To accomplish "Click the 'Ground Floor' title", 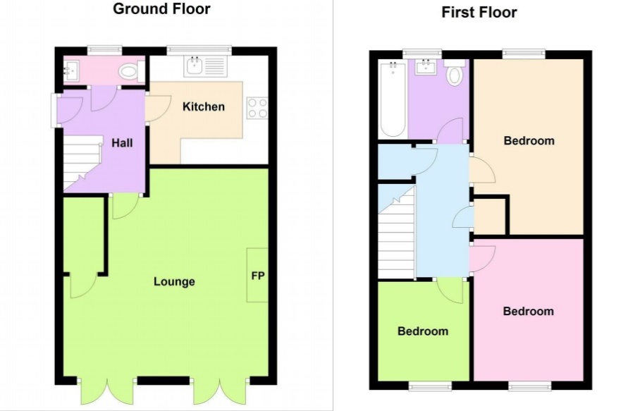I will point(161,9).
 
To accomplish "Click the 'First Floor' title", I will point(479,12).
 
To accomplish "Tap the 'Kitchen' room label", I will point(204,107).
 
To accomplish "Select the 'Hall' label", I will point(122,143).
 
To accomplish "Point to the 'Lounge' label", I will point(174,282).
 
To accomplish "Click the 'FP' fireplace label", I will point(258,276).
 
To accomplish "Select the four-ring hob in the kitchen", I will point(257,109).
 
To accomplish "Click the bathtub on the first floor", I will point(391,98).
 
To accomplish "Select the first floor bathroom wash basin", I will point(425,68).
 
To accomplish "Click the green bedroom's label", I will point(423,331).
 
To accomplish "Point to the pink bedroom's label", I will point(529,311).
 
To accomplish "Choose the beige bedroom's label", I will point(529,140).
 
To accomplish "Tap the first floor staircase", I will point(397,236).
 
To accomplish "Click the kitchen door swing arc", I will point(155,110).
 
